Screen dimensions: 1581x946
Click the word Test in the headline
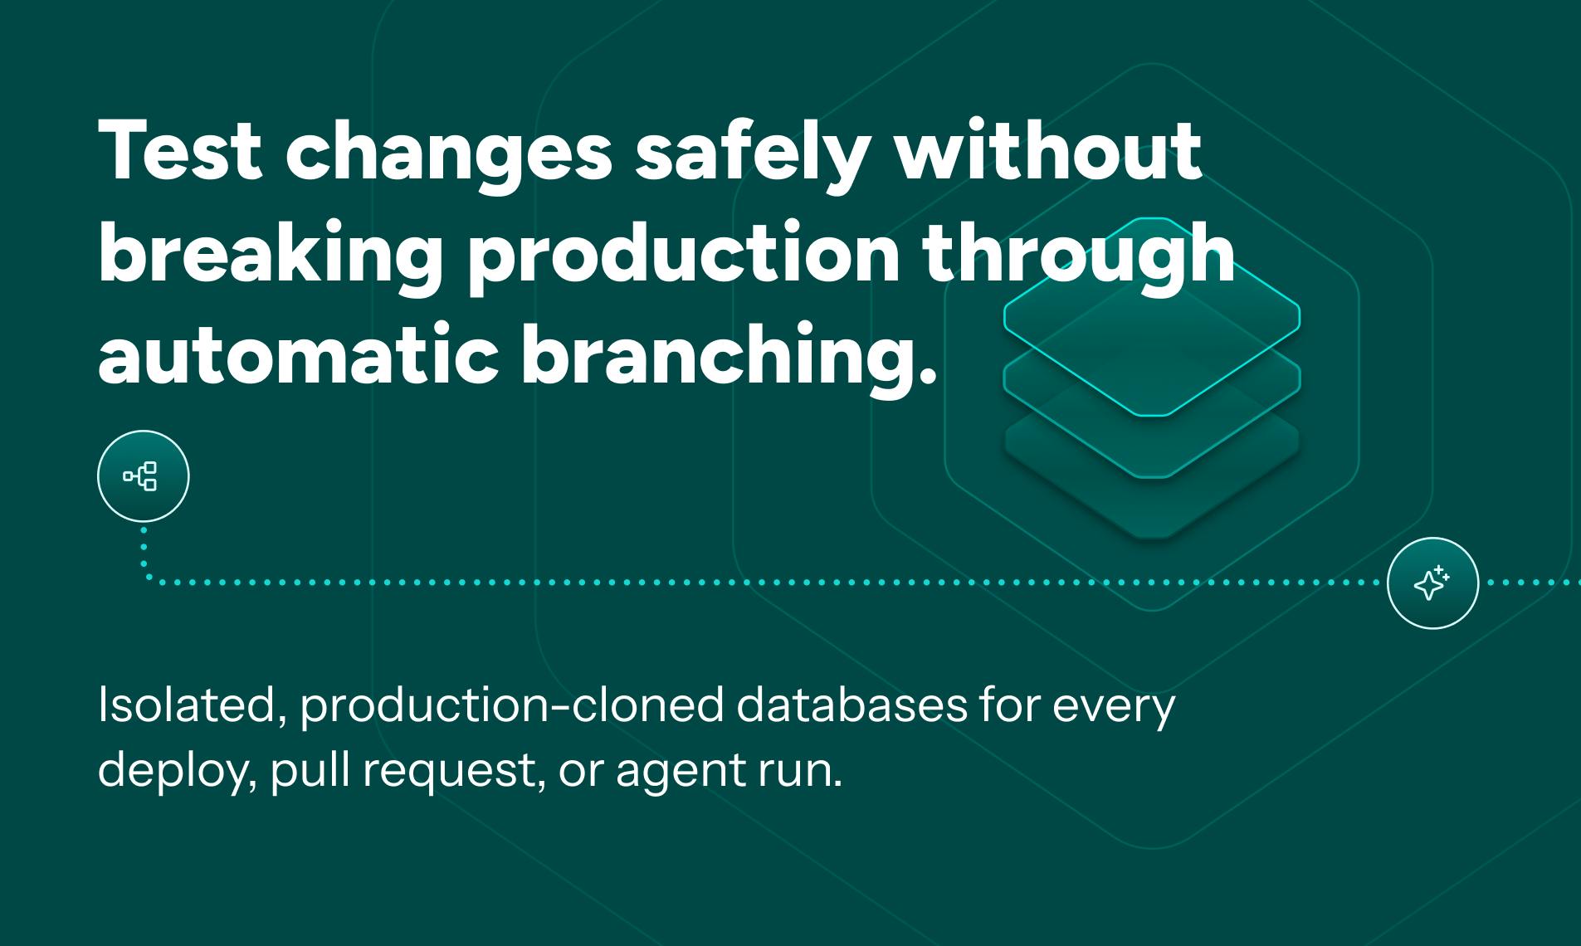click(x=180, y=151)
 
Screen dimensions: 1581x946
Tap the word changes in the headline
click(x=448, y=158)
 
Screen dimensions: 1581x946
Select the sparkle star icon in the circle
click(x=1432, y=583)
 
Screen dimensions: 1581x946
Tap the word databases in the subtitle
click(x=851, y=705)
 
